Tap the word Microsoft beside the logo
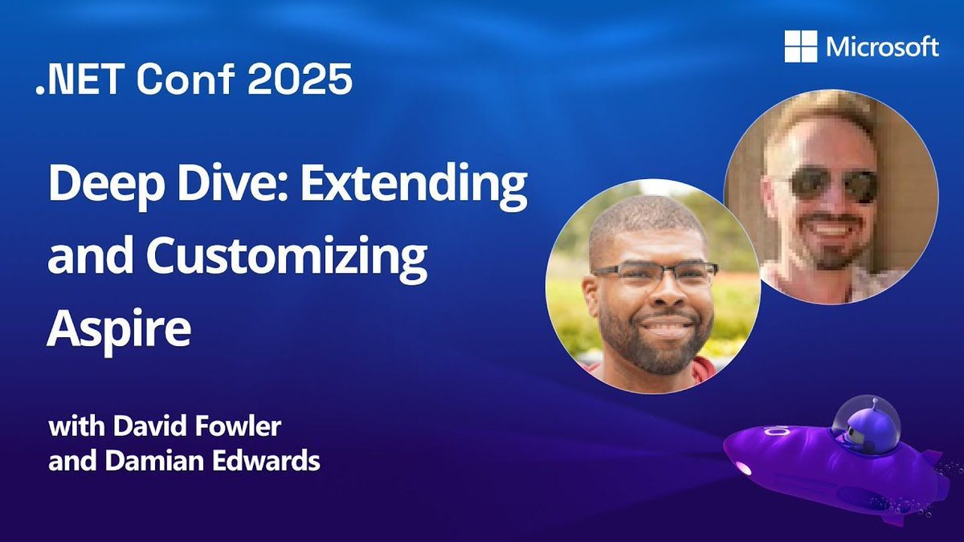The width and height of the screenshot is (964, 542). point(882,47)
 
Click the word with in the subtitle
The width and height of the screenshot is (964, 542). point(73,427)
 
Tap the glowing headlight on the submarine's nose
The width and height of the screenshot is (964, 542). point(743,468)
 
